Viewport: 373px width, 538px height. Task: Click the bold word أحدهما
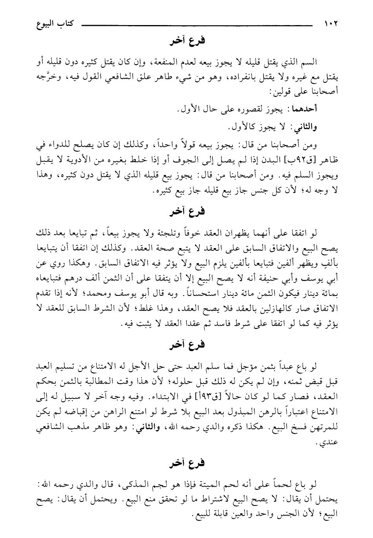329,108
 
